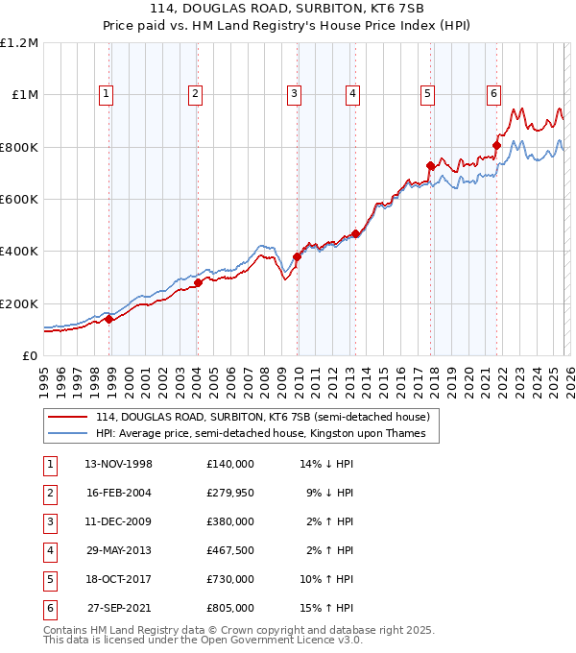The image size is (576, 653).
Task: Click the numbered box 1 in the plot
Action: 105,94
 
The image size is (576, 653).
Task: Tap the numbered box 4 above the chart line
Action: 353,94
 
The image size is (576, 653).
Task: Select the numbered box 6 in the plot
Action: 493,94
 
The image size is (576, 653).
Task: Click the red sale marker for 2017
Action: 430,166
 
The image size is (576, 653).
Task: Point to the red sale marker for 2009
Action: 298,256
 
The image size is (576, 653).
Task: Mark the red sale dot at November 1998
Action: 109,320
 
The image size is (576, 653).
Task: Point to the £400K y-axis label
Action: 20,252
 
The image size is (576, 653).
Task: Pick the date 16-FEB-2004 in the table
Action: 118,493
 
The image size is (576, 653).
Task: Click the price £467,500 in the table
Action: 229,551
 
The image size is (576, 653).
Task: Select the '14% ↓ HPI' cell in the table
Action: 326,464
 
